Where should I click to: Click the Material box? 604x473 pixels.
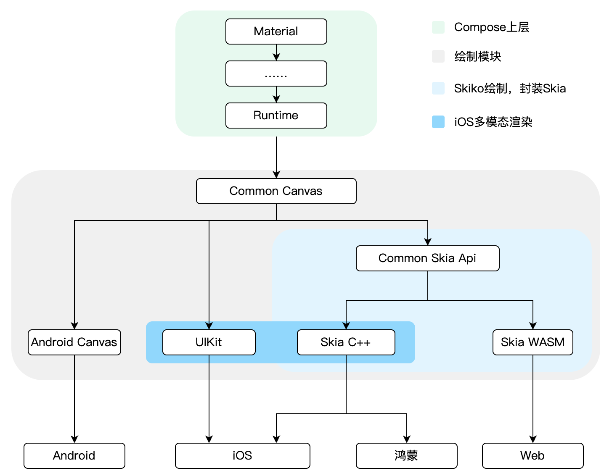276,32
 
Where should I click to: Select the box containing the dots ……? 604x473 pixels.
276,74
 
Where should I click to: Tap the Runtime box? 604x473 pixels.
276,116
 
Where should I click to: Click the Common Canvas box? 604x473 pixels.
276,191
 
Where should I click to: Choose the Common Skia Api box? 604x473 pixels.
427,258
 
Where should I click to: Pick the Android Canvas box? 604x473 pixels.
74,342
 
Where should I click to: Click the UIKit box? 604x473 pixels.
209,342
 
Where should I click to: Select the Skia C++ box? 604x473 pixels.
346,342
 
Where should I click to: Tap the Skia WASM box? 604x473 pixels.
532,342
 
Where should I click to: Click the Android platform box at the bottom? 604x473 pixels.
74,456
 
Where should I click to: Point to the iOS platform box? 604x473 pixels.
242,456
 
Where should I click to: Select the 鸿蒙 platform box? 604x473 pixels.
406,456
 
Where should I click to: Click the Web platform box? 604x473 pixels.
532,456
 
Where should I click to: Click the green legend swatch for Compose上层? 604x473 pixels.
438,27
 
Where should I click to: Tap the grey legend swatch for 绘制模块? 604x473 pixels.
438,56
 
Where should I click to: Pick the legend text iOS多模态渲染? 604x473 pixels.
493,122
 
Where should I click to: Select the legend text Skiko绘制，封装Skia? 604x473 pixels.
510,88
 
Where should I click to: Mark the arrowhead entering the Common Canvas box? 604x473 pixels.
276,174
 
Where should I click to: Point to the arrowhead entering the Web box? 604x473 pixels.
533,439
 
